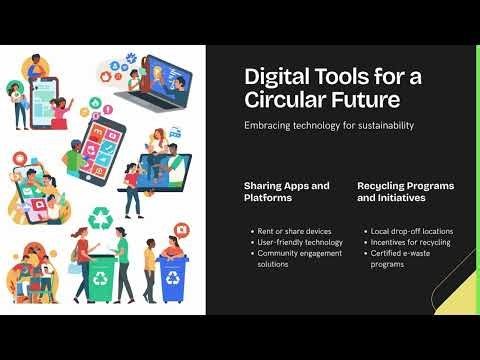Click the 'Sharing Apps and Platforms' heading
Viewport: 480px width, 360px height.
[x=286, y=192]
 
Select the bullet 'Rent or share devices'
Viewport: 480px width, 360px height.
[x=293, y=231]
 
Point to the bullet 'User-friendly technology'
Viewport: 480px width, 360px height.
[x=297, y=242]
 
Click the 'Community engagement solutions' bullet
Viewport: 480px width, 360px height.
[x=299, y=258]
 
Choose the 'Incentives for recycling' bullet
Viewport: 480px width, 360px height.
[x=410, y=242]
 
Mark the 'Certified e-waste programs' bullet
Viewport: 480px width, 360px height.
[x=405, y=258]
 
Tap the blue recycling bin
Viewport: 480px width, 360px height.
[x=171, y=280]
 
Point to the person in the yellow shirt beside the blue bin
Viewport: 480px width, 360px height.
[x=150, y=265]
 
